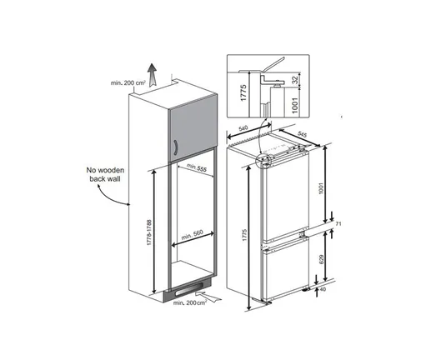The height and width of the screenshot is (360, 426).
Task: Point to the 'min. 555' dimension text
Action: pos(197,170)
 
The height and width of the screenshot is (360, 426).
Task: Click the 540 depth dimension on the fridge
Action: pos(244,129)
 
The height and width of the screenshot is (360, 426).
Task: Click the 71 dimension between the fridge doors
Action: pos(340,226)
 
